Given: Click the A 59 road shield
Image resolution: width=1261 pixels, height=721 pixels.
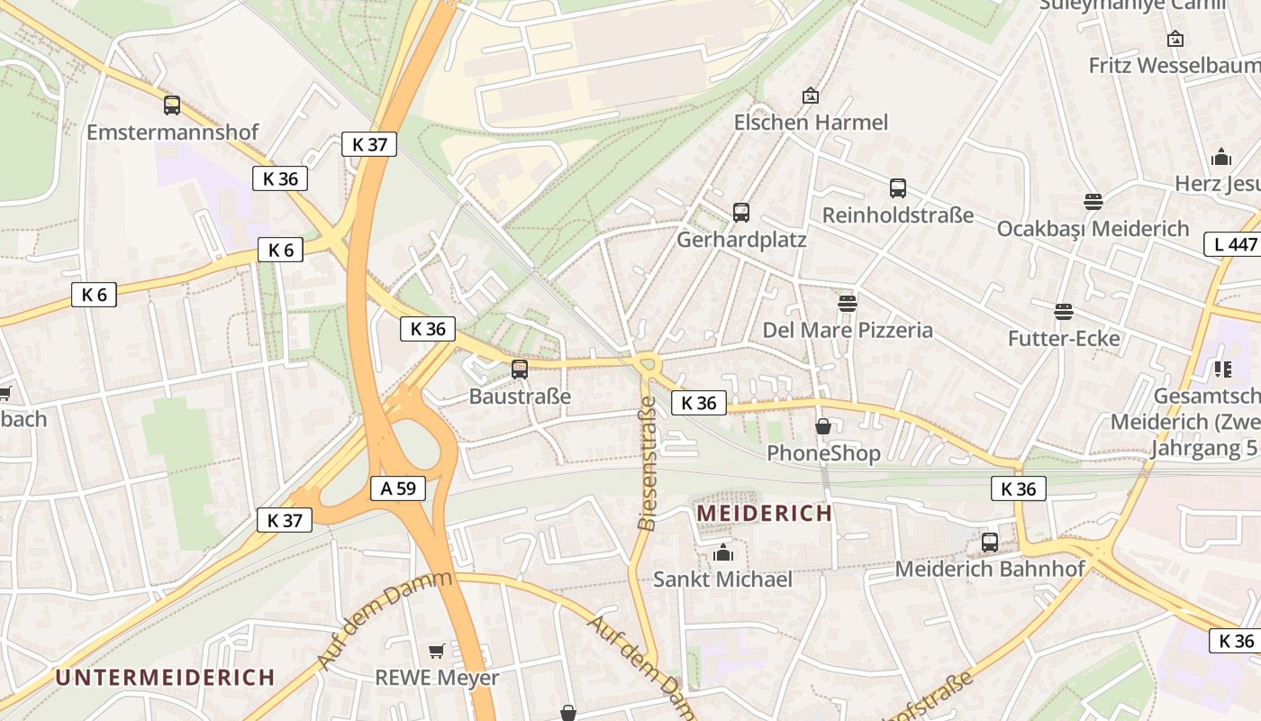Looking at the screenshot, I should [x=398, y=488].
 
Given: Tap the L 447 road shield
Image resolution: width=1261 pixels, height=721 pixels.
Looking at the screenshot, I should [x=1231, y=244].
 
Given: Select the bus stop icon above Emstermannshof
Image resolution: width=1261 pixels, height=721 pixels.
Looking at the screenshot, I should [x=172, y=105].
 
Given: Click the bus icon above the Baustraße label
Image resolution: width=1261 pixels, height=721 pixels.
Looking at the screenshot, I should [x=520, y=369].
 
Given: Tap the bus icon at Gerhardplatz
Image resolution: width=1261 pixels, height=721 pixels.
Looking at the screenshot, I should [x=741, y=213].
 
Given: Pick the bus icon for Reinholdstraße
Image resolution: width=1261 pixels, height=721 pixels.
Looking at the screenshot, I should [x=898, y=188].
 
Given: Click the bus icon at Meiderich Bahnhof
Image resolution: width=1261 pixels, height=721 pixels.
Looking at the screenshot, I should [x=990, y=542].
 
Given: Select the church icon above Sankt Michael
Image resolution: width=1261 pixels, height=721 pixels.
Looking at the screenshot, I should [x=723, y=552].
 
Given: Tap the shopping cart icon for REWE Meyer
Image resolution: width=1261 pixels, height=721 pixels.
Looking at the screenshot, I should [x=437, y=651].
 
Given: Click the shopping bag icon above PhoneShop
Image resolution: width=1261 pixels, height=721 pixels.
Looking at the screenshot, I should [x=823, y=426].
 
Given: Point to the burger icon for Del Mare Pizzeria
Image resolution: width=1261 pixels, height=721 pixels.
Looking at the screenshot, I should [x=848, y=303].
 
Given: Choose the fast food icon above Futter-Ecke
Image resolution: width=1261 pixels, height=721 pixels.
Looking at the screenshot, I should [x=1064, y=312].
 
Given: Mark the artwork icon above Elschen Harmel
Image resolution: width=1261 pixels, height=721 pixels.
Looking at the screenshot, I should [x=811, y=96].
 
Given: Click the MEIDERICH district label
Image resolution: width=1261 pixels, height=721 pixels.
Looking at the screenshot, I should [x=765, y=514].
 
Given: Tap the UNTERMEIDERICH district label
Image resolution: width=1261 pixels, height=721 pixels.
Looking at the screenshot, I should [x=165, y=677].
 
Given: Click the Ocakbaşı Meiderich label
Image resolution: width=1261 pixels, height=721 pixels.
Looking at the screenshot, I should [x=1093, y=229].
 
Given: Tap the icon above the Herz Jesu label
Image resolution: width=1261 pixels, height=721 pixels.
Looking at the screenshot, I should [x=1221, y=158].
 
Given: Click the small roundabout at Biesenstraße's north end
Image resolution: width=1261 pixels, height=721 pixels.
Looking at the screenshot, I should [x=647, y=363].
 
